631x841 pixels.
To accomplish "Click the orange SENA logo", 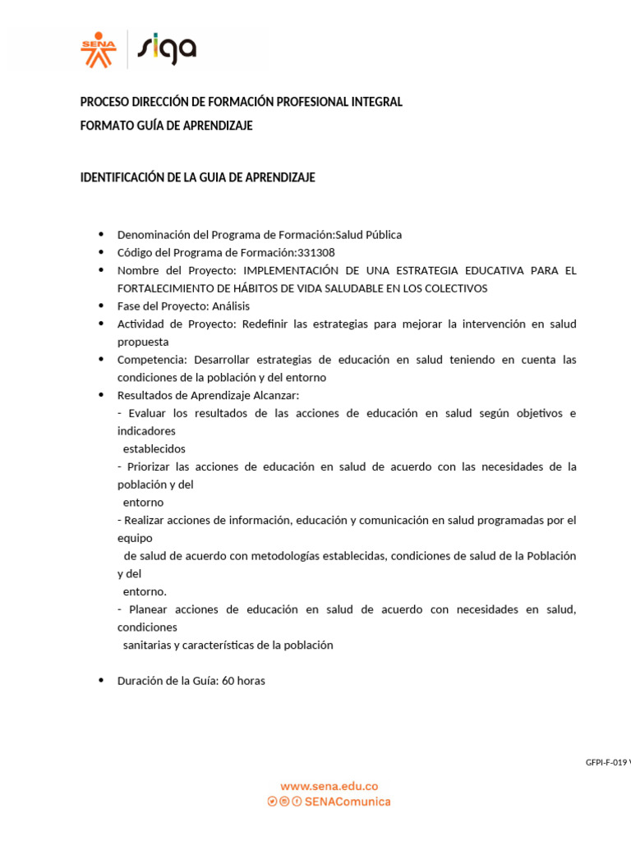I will [99, 49].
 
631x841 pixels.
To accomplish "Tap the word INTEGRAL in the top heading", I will [376, 102].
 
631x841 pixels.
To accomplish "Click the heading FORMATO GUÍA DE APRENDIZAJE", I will [166, 126].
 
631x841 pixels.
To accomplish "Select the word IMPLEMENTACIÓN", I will [290, 270].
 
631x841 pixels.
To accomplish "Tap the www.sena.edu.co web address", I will [329, 786].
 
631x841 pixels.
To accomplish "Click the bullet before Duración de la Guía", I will [101, 681].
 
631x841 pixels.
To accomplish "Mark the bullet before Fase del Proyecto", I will [101, 306].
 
